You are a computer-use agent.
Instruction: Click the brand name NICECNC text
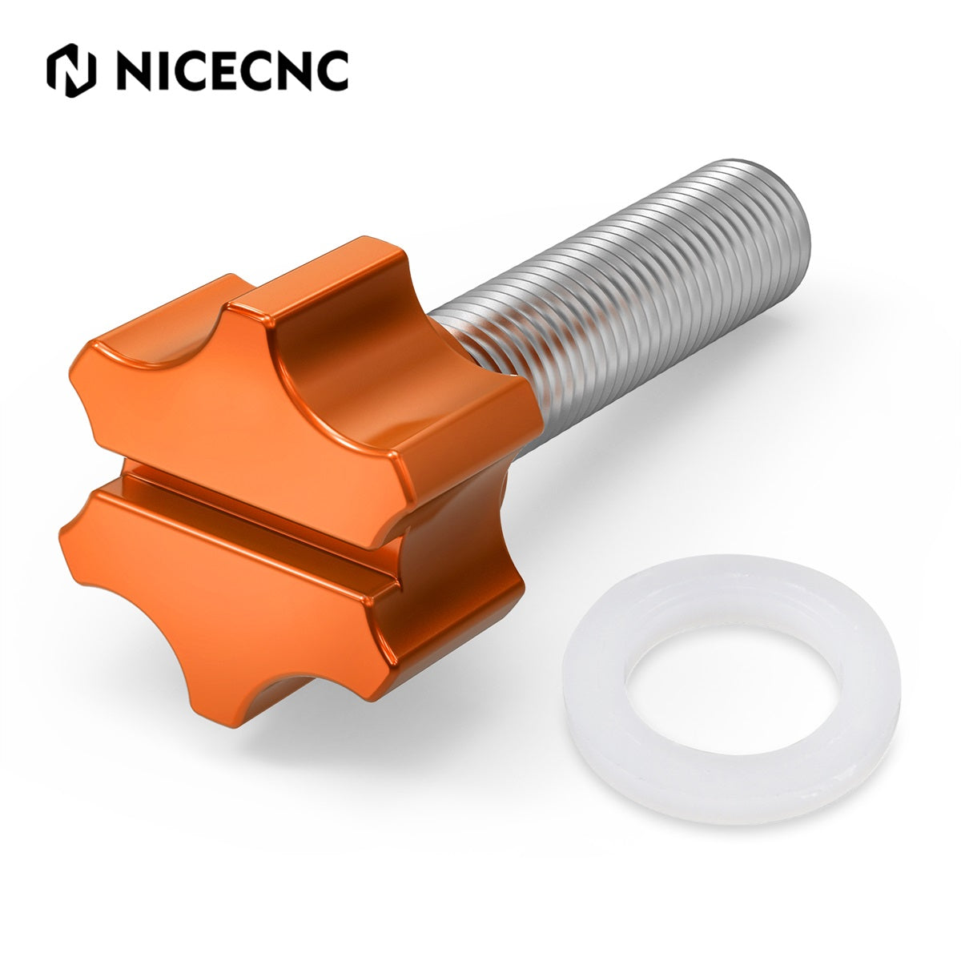click(232, 70)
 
